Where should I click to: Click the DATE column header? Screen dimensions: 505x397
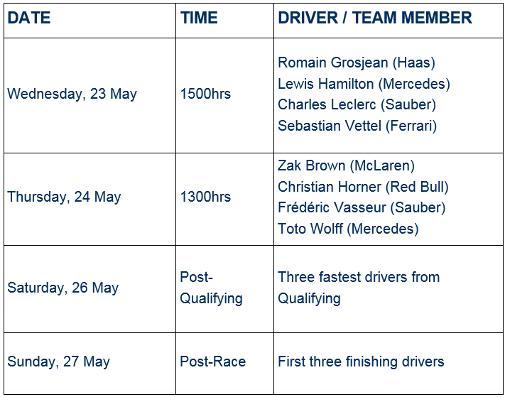(28, 18)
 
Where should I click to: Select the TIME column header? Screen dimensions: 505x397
(199, 18)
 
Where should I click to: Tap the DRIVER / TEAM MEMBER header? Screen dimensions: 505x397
(375, 18)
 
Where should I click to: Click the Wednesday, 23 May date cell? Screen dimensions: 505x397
(72, 94)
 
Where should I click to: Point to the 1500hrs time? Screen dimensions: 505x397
(205, 94)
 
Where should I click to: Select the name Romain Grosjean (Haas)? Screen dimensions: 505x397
(357, 62)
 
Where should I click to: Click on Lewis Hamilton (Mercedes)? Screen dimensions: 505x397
(364, 84)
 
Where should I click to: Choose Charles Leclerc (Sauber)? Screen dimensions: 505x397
(357, 104)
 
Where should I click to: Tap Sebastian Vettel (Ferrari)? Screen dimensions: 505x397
(357, 126)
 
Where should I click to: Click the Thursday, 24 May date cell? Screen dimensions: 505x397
(64, 197)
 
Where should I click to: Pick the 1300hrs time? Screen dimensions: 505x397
(205, 197)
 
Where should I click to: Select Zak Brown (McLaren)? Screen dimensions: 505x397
(346, 165)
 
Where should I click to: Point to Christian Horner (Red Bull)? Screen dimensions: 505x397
(363, 187)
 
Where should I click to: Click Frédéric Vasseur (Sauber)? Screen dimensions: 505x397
(362, 207)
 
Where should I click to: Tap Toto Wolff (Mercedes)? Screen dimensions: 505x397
(348, 229)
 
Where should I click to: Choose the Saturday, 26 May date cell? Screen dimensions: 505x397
(63, 288)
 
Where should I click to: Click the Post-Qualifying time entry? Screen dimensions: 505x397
(211, 288)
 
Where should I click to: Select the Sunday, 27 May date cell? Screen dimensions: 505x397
(58, 361)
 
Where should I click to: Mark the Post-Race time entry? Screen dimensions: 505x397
(212, 361)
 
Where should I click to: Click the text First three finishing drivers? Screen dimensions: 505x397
(361, 361)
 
